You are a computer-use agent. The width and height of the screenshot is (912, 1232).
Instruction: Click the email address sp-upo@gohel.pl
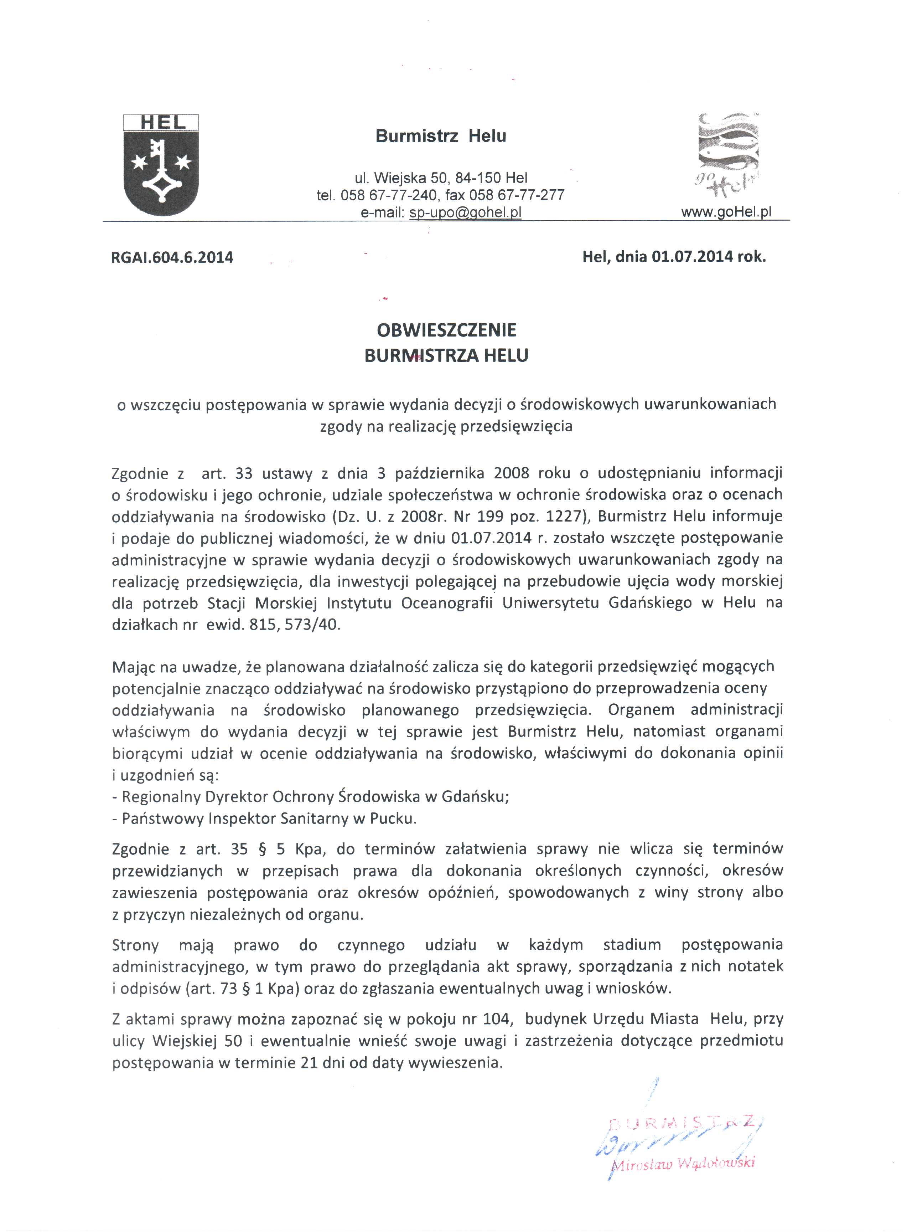[x=465, y=213]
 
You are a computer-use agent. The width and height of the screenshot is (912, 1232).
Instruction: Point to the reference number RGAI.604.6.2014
[x=172, y=257]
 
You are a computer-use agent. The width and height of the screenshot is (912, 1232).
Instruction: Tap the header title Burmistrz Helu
[x=441, y=136]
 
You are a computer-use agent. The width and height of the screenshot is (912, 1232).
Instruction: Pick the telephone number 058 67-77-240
[x=389, y=195]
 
